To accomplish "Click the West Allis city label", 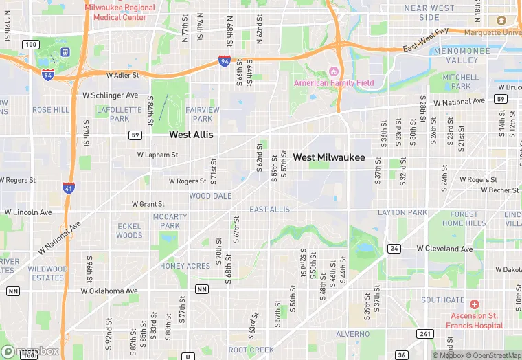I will click(x=191, y=135).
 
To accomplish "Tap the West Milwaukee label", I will click(x=329, y=157).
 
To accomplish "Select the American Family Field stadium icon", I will click(x=334, y=71).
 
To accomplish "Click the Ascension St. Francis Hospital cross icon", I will click(x=474, y=304).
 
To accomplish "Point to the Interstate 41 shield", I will click(x=69, y=188).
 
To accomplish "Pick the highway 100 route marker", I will click(x=30, y=44).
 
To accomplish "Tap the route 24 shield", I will click(x=394, y=248).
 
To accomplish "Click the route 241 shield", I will click(x=426, y=334).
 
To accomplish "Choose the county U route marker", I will click(x=188, y=357).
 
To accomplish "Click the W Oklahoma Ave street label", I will click(x=109, y=291).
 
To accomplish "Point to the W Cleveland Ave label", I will click(x=445, y=248).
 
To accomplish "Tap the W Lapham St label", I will click(x=157, y=155).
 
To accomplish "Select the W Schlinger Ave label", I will click(x=110, y=95).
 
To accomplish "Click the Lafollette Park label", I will click(x=113, y=113).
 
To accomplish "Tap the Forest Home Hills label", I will click(x=464, y=218).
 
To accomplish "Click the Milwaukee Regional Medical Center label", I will click(x=120, y=12).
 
